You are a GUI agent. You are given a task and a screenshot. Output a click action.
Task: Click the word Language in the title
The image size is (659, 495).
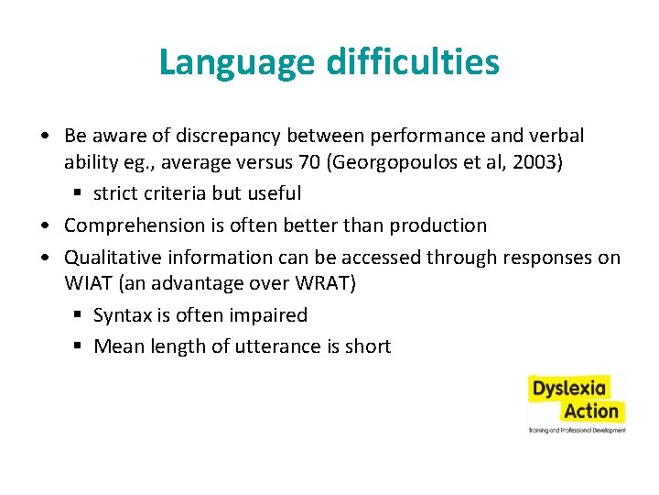pyautogui.click(x=234, y=62)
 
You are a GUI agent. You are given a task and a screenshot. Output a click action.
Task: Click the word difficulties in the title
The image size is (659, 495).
pyautogui.click(x=410, y=62)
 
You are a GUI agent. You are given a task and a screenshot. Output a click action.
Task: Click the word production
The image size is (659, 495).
pyautogui.click(x=438, y=225)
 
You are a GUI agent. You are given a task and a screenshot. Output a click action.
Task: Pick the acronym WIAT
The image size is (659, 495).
pyautogui.click(x=86, y=284)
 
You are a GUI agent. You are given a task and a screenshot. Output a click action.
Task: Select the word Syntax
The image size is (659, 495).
pyautogui.click(x=122, y=315)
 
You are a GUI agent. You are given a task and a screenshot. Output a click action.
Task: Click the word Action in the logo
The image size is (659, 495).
pyautogui.click(x=591, y=410)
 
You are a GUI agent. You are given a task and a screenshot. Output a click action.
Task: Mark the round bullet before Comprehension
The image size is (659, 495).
pyautogui.click(x=45, y=225)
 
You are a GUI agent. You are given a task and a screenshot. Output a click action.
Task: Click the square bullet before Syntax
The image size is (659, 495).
pyautogui.click(x=81, y=315)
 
